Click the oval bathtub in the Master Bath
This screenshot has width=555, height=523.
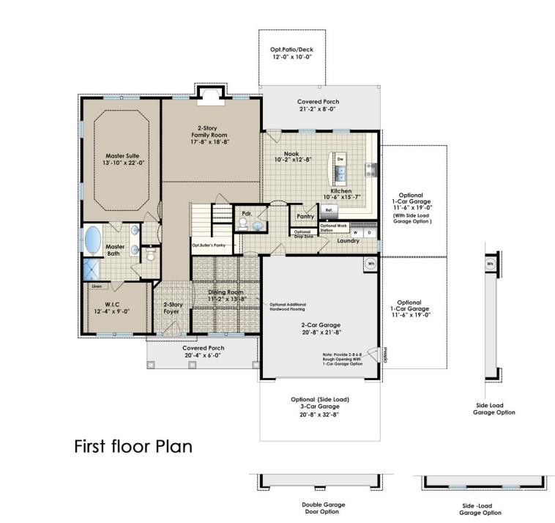93,240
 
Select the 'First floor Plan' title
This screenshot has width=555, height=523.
133,446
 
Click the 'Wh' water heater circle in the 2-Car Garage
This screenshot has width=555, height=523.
370,264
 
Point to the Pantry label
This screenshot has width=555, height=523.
305,217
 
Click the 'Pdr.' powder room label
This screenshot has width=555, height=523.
246,215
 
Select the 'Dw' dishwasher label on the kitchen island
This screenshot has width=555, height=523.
340,158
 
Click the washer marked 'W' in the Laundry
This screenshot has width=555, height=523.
356,233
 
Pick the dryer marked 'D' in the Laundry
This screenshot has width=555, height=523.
369,233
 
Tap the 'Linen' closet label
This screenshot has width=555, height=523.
97,286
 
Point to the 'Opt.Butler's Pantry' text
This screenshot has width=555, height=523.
208,245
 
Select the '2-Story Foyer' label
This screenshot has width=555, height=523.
172,308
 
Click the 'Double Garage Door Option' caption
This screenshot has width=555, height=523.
323,508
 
